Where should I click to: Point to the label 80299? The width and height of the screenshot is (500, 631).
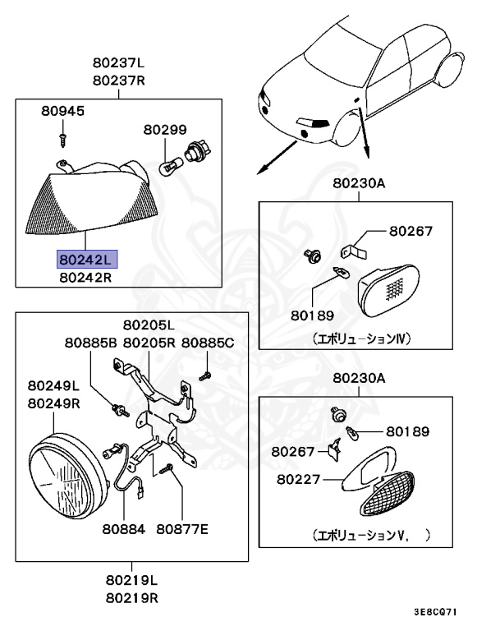[165, 130]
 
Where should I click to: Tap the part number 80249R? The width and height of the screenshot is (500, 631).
[53, 403]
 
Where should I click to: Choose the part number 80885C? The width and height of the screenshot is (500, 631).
[208, 343]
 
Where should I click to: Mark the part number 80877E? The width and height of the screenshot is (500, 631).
[182, 528]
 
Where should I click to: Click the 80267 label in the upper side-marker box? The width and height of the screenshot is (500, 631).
[411, 232]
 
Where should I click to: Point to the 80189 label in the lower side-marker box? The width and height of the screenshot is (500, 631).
[407, 431]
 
